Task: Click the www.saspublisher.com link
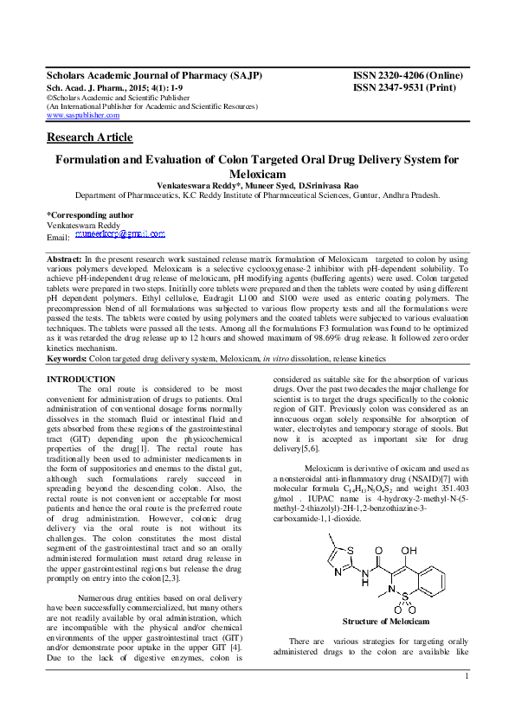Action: pyautogui.click(x=82, y=114)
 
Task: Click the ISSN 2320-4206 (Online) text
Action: pyautogui.click(x=406, y=76)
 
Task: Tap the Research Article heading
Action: pyautogui.click(x=89, y=137)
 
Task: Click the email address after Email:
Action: pyautogui.click(x=119, y=234)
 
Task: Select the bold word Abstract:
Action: pyautogui.click(x=64, y=259)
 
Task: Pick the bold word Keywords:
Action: pyautogui.click(x=67, y=357)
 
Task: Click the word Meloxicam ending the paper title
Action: pyautogui.click(x=257, y=173)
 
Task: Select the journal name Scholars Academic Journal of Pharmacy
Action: pyautogui.click(x=153, y=76)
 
